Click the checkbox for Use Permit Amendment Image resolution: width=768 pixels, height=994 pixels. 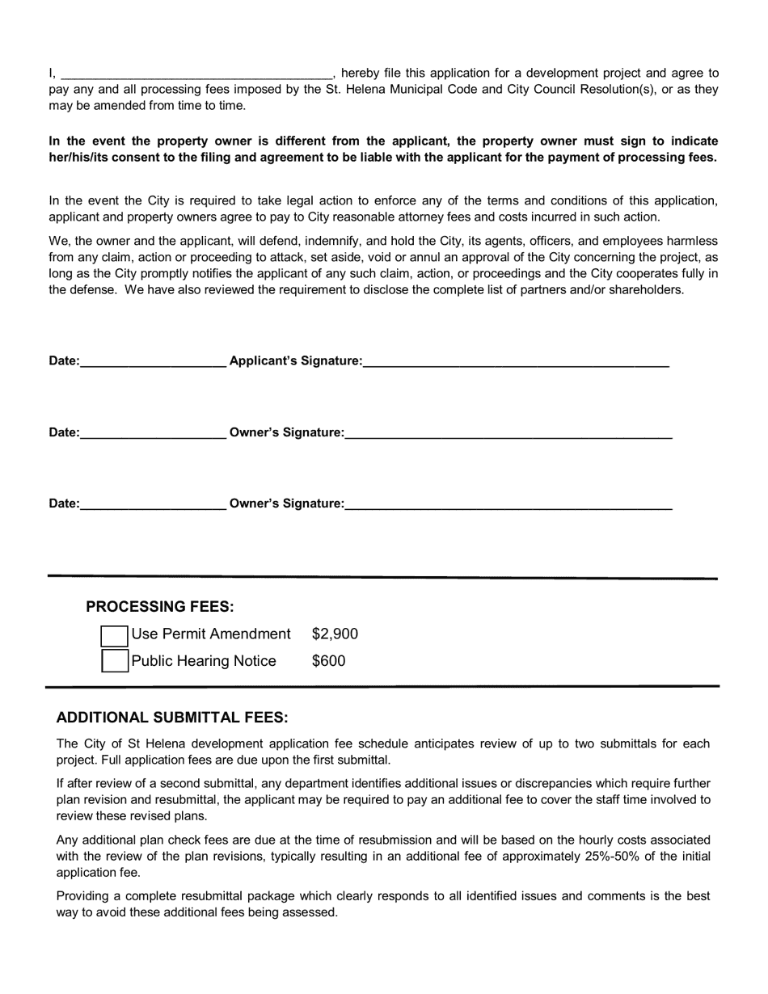(114, 635)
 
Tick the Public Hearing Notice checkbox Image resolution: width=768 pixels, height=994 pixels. (114, 661)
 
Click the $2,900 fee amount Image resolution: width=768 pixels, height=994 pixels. (335, 634)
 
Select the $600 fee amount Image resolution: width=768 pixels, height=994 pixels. (328, 661)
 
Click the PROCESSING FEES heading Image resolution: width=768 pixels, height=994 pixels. (160, 607)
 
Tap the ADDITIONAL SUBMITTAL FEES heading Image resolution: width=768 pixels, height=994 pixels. (172, 718)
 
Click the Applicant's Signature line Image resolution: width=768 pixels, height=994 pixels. (516, 361)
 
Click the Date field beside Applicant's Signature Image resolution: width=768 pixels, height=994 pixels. (153, 361)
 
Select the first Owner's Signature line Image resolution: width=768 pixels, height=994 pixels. (508, 432)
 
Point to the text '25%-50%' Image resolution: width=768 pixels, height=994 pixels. (606, 856)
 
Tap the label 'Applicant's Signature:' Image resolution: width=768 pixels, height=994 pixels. (296, 361)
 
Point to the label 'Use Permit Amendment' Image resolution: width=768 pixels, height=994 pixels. (211, 634)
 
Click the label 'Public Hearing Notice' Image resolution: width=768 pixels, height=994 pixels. (204, 661)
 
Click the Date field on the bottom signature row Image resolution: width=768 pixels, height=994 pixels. (153, 503)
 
